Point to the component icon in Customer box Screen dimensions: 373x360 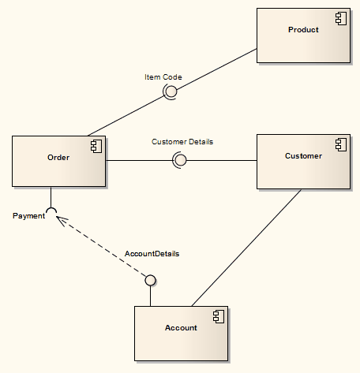(341, 144)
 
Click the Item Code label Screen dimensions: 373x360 (163, 77)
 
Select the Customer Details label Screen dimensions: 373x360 (182, 142)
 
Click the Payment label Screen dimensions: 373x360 (28, 216)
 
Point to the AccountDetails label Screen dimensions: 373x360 (152, 254)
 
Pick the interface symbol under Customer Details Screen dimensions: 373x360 (180, 160)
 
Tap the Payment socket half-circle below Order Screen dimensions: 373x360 (51, 211)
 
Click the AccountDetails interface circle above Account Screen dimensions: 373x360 (150, 280)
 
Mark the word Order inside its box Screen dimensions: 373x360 (58, 158)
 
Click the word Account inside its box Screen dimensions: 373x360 (181, 327)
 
